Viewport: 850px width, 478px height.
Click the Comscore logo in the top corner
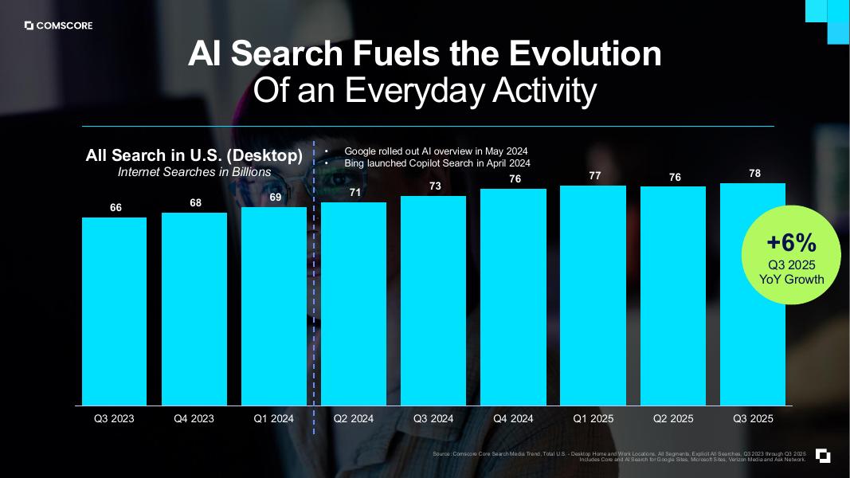58,25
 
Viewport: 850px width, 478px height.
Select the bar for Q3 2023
114,311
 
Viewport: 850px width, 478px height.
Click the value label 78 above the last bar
754,173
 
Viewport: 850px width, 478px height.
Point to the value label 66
116,207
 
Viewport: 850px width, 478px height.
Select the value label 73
435,186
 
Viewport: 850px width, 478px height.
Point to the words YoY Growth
791,279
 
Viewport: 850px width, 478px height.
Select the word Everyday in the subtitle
425,91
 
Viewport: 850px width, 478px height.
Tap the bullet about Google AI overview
436,151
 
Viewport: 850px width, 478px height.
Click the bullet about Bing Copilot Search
437,163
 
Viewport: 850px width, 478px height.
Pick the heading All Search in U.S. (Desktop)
194,155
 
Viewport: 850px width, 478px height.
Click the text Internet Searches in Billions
194,171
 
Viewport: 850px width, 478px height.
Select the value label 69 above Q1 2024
275,197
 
